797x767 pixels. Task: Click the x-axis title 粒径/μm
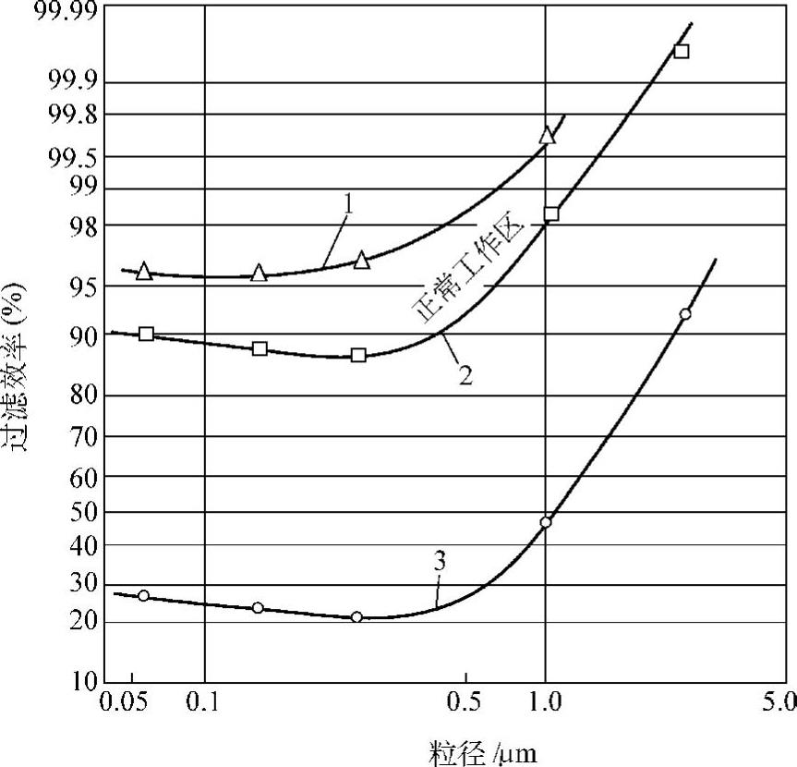tap(482, 751)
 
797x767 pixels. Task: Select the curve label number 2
tap(465, 374)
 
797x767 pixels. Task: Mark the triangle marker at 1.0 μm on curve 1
tap(548, 135)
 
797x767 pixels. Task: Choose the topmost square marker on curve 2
tap(682, 51)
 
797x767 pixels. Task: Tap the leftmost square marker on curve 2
tap(146, 334)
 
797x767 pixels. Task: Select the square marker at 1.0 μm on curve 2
tap(551, 213)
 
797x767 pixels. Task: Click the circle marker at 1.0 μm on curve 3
tap(546, 522)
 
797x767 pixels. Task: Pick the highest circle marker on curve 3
tap(684, 314)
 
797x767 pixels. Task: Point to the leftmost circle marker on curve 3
tap(143, 596)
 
